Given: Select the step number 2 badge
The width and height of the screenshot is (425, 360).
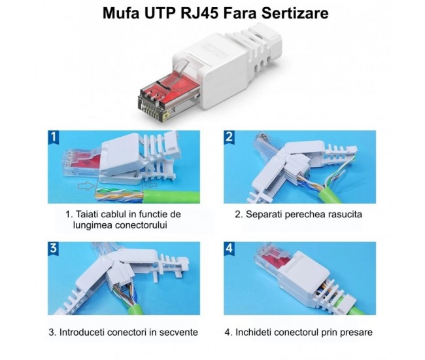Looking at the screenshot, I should click(229, 137).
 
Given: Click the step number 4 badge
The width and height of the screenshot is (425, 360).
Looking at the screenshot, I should click(229, 249).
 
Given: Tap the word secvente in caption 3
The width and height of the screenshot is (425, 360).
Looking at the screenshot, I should click(177, 333).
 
